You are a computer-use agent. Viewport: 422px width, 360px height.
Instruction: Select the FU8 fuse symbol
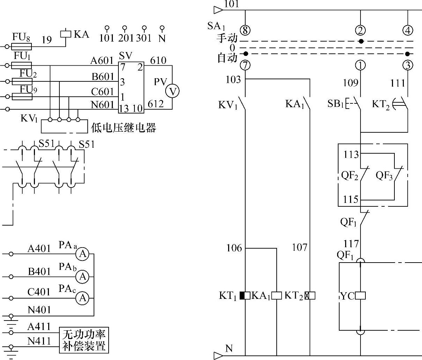click(x=22, y=46)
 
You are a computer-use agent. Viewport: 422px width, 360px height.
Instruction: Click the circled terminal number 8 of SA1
click(x=245, y=30)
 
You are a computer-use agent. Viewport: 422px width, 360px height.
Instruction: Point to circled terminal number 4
click(x=408, y=30)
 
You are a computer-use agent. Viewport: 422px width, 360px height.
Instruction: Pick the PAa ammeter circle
click(x=83, y=254)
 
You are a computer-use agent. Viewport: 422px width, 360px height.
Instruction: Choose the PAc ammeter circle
click(x=83, y=298)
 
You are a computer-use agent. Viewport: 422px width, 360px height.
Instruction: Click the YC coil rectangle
click(x=360, y=296)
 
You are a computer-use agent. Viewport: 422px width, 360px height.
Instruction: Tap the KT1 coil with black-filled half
click(x=245, y=296)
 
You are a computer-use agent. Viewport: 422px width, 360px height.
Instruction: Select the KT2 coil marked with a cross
click(x=310, y=296)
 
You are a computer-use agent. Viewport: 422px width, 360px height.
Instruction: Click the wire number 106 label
click(x=234, y=248)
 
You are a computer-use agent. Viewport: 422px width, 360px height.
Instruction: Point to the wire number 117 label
click(x=351, y=244)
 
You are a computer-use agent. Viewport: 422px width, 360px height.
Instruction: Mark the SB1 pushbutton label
click(x=336, y=104)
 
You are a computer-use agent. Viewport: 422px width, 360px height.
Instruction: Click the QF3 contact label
click(x=384, y=176)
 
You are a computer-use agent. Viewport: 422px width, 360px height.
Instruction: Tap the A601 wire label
click(x=102, y=61)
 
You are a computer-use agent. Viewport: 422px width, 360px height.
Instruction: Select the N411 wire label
click(x=39, y=341)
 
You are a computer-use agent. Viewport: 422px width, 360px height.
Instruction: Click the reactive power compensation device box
click(x=84, y=340)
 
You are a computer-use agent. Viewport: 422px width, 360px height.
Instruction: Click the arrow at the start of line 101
click(x=218, y=9)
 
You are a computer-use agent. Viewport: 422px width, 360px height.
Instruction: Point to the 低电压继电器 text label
click(x=123, y=128)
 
